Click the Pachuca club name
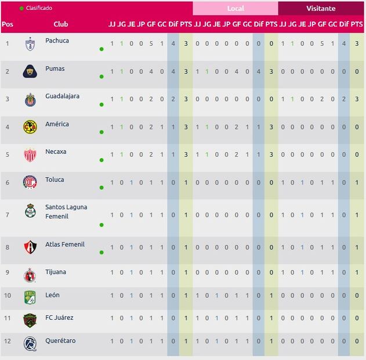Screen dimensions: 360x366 tap(57, 41)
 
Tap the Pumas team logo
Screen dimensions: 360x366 tap(30, 71)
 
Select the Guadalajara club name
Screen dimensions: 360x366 tap(62, 96)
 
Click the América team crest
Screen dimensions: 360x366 tap(30, 127)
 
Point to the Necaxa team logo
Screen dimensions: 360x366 tap(30, 155)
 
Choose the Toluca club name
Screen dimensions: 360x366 tap(55, 179)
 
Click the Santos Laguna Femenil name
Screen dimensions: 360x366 tap(66, 211)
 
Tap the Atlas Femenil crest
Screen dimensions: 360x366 tap(30, 247)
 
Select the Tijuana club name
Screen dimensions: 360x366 tap(56, 272)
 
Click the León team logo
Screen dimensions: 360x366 tap(30, 298)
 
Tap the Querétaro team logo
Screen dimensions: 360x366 tap(30, 344)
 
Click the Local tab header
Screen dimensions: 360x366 tap(235, 9)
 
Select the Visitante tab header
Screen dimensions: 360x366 tap(321, 9)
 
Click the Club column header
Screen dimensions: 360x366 tap(60, 24)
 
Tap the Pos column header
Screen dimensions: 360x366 tap(8, 24)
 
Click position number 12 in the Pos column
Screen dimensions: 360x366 tap(8, 341)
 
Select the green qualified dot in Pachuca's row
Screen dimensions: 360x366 tap(102, 49)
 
